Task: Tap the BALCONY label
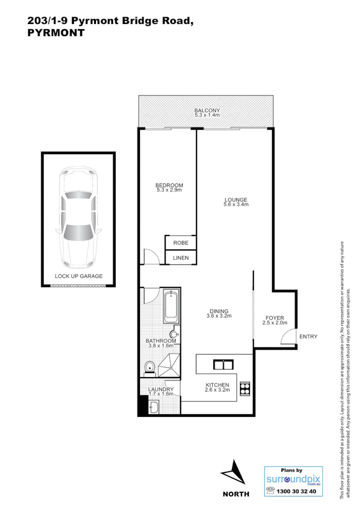point(207,110)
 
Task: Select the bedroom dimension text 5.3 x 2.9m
point(169,190)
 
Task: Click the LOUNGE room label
point(235,200)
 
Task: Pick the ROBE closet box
point(180,243)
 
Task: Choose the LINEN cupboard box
point(180,258)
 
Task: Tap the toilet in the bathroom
point(150,367)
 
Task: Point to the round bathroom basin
point(174,334)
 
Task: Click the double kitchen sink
point(223,365)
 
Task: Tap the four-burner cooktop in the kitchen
point(245,388)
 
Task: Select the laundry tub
point(154,408)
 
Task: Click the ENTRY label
point(308,336)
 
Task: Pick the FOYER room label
point(275,318)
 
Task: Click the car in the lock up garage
point(78,219)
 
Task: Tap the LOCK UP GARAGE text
point(78,276)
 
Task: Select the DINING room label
point(219,311)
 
